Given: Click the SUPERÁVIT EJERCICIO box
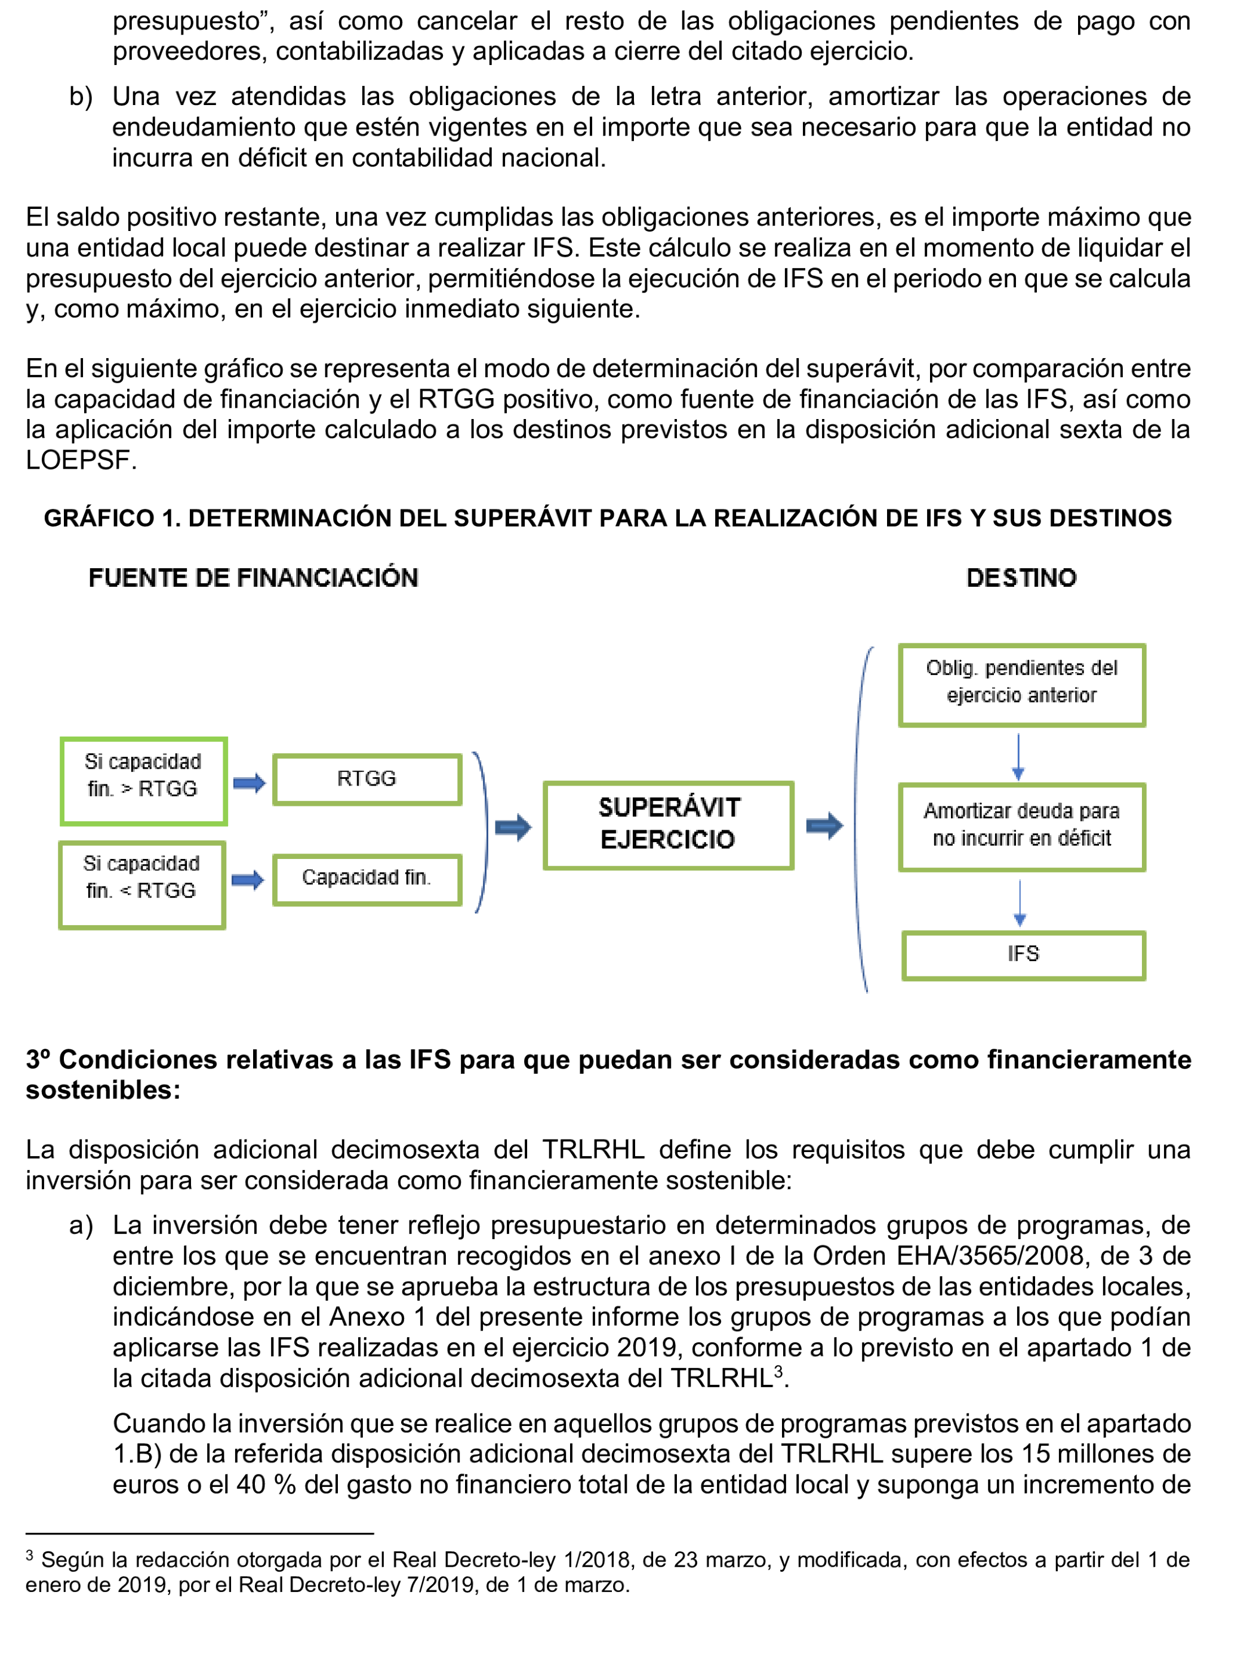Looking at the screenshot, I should [667, 825].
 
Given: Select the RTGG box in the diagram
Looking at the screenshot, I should [367, 779].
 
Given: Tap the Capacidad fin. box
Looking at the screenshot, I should [367, 879].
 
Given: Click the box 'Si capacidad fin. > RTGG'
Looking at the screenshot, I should [143, 781].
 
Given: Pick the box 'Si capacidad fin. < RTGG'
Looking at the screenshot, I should [141, 884].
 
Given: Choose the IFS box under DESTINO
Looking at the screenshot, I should [1023, 955].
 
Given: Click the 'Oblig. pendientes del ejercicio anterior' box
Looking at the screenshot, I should [1021, 684].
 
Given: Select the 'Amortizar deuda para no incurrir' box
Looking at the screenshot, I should [1021, 826].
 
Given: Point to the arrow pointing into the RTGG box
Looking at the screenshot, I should [250, 783].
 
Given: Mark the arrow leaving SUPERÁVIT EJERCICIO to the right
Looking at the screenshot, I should [824, 826].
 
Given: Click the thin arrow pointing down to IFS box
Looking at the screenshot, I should [1020, 903].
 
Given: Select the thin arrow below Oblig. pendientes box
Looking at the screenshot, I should [1018, 757].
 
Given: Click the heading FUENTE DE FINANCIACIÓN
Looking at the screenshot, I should [253, 578].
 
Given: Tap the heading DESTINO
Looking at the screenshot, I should [1021, 578].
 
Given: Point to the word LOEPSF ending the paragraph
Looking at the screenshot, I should [79, 460].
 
